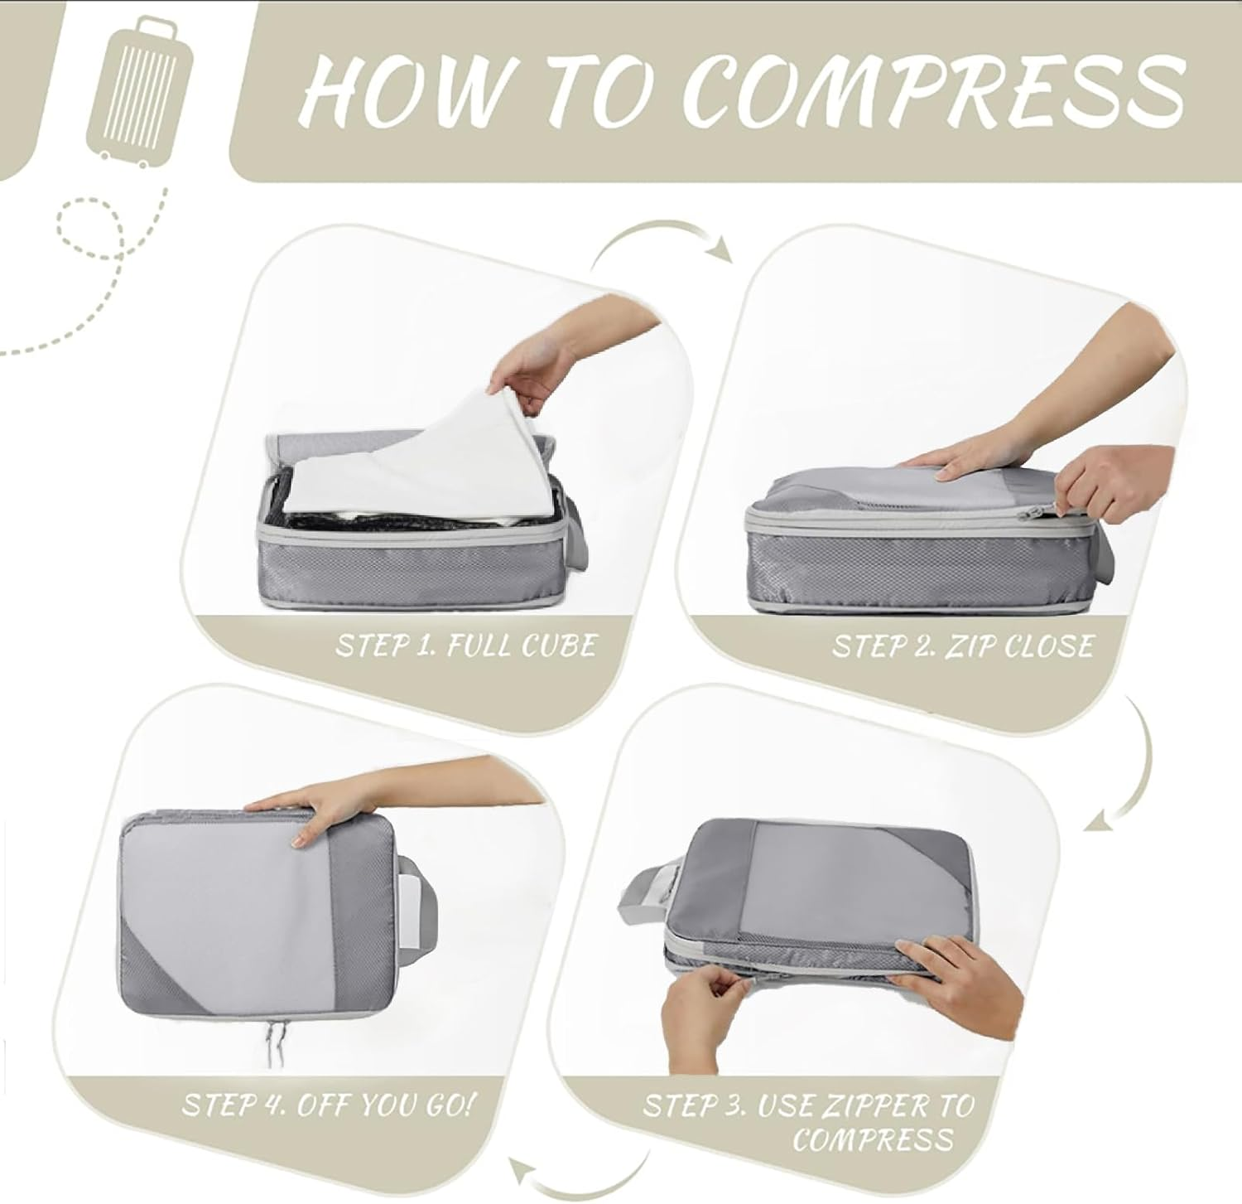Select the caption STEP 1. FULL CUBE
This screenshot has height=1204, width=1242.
coord(465,646)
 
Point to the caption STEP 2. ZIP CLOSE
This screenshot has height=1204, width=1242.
coord(962,646)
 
